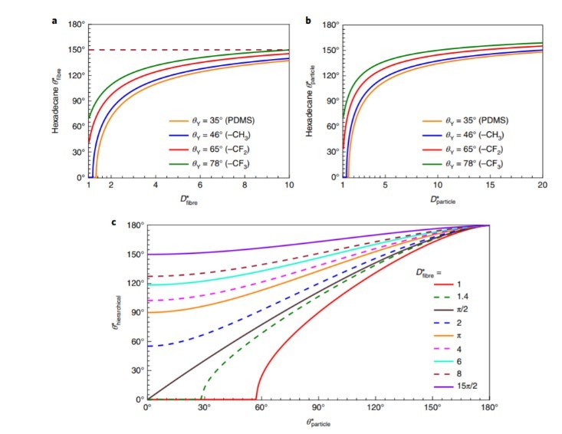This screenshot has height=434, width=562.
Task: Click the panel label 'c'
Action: click(114, 223)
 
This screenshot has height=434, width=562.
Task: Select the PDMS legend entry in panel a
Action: click(212, 120)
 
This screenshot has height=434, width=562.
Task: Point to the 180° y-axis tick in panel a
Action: click(76, 25)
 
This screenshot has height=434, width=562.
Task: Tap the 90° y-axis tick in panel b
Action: click(329, 101)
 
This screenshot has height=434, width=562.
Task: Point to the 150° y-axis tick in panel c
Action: click(135, 255)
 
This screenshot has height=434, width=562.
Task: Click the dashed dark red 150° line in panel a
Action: click(192, 50)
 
